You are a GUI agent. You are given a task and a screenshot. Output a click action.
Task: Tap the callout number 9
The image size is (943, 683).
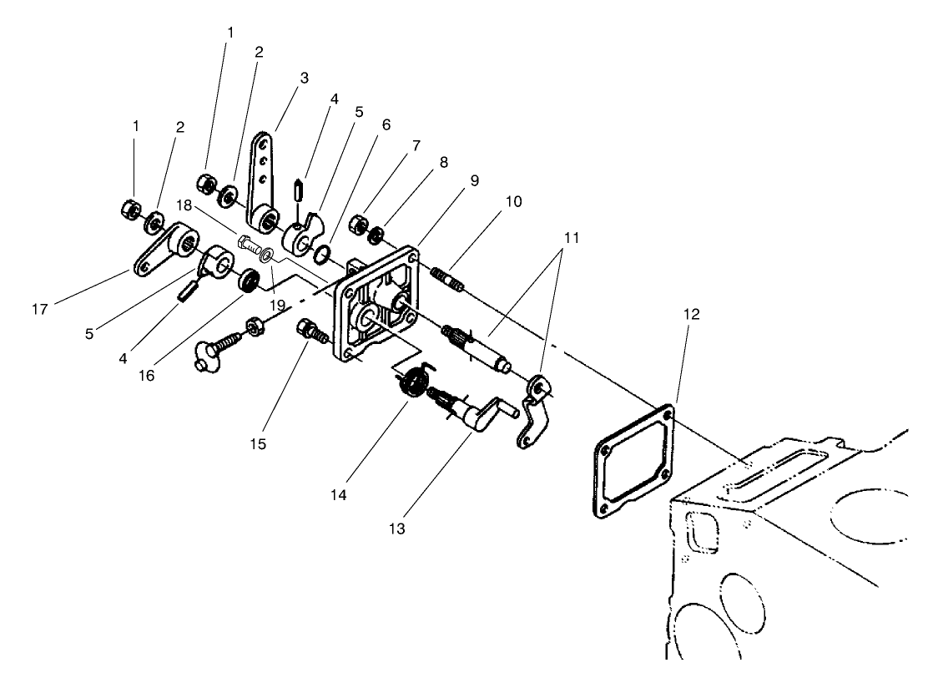click(x=475, y=179)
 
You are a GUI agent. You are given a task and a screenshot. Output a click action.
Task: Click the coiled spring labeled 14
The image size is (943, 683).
click(x=410, y=385)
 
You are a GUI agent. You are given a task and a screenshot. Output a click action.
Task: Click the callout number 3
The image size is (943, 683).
click(x=305, y=78)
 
